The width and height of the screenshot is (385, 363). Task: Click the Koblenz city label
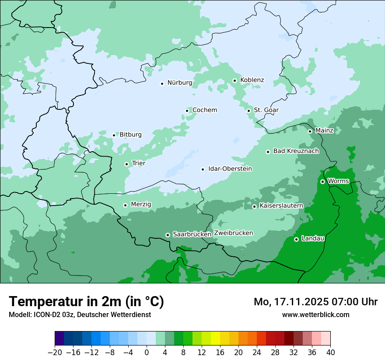click(x=252, y=80)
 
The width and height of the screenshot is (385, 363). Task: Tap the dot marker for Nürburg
click(x=162, y=83)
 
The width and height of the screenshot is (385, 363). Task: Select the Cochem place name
click(x=205, y=110)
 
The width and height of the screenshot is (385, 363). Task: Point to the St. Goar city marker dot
click(x=248, y=111)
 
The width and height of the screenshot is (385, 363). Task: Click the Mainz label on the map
click(x=324, y=130)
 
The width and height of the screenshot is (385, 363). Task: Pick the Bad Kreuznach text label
click(x=296, y=151)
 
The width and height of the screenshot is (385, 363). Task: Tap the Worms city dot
click(x=322, y=181)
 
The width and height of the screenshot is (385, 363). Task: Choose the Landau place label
click(x=313, y=238)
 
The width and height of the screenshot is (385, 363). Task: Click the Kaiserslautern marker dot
click(x=254, y=206)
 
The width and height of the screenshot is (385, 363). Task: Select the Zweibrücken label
click(x=233, y=233)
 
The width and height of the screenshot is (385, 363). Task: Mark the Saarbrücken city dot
click(x=168, y=235)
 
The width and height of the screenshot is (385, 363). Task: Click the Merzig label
click(x=141, y=204)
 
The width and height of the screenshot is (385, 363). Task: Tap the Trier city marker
click(x=126, y=164)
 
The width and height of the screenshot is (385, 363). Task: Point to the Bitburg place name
click(x=130, y=135)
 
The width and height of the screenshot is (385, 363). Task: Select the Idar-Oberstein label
click(x=230, y=169)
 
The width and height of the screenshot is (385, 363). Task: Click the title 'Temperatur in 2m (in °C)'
click(x=86, y=302)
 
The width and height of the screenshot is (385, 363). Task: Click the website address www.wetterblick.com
click(x=315, y=314)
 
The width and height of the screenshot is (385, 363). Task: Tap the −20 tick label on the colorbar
click(x=55, y=353)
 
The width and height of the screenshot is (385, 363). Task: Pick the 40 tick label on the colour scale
click(x=330, y=353)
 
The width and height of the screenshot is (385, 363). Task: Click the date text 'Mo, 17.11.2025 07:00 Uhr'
click(x=315, y=302)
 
